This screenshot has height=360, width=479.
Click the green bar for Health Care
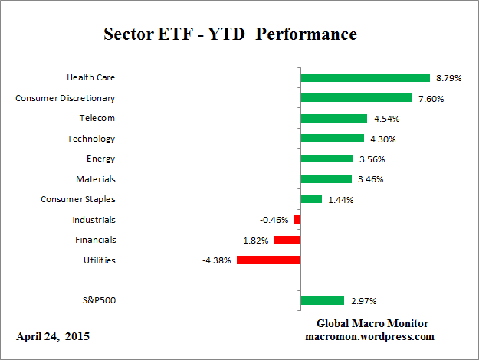coord(365,77)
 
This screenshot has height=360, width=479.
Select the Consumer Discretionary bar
coord(356,98)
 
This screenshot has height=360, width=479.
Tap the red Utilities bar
coord(268,260)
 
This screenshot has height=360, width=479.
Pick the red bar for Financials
coord(287,240)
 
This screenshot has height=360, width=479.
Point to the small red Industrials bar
coord(297,220)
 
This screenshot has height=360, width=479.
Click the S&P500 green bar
coord(323,301)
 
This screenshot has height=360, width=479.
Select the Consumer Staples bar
coord(311,199)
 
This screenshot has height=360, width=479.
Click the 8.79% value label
coord(449,78)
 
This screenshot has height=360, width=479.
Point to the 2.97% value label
coord(363,301)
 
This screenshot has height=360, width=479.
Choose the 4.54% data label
coord(386,119)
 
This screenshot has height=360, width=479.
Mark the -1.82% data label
coord(253,240)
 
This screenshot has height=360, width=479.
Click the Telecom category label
coord(97,118)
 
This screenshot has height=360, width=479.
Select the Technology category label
coord(92,139)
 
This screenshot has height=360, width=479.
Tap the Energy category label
coord(101,159)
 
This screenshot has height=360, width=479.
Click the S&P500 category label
coord(98,300)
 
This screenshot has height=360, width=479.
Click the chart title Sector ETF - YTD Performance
coord(230,34)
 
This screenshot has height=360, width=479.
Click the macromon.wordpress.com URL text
coord(369,336)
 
